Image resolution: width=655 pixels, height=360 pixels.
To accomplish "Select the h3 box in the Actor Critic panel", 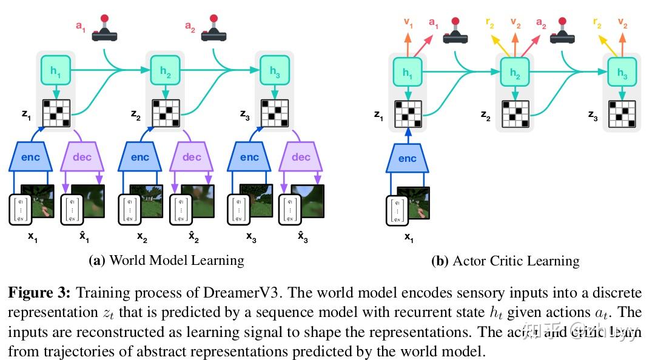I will pos(622,72).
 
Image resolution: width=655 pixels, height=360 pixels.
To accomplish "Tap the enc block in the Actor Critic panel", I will pos(408,159).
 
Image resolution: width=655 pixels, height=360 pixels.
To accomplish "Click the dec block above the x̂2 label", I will pos(192,158).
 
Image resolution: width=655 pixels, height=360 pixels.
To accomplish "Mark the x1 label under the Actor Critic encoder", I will pos(408,238).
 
